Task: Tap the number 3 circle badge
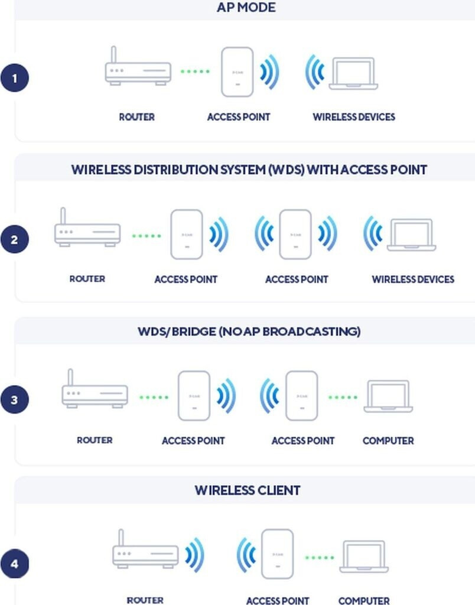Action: pyautogui.click(x=15, y=400)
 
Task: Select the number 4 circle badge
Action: pyautogui.click(x=15, y=564)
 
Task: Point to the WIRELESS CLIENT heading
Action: pyautogui.click(x=247, y=490)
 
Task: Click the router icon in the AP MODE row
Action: pyautogui.click(x=138, y=71)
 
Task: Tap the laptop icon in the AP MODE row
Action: pyautogui.click(x=353, y=74)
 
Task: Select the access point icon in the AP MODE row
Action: pyautogui.click(x=237, y=72)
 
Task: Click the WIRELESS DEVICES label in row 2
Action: pyautogui.click(x=412, y=279)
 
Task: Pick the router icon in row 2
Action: pyautogui.click(x=87, y=232)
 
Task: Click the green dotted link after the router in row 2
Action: pyautogui.click(x=146, y=236)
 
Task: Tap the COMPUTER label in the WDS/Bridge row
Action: pyautogui.click(x=388, y=441)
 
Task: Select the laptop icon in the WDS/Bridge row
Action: pyautogui.click(x=388, y=396)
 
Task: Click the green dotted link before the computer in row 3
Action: pyautogui.click(x=343, y=397)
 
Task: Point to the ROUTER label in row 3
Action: pyautogui.click(x=95, y=440)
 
